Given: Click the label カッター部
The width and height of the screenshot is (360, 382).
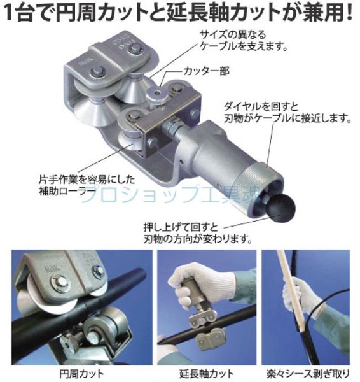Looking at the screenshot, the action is [207, 71].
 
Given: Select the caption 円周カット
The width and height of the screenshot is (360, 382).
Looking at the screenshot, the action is [82, 374].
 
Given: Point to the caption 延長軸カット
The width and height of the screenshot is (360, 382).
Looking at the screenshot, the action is [207, 374].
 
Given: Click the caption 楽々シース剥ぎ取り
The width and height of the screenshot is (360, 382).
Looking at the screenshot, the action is [308, 374].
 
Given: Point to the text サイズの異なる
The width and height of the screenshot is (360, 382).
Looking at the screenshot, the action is [233, 35].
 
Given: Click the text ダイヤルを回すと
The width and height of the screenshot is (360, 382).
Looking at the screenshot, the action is [261, 106].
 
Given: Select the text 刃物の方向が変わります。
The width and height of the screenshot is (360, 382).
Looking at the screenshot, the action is [198, 239].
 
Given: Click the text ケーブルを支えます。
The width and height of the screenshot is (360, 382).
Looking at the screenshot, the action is [244, 46].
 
